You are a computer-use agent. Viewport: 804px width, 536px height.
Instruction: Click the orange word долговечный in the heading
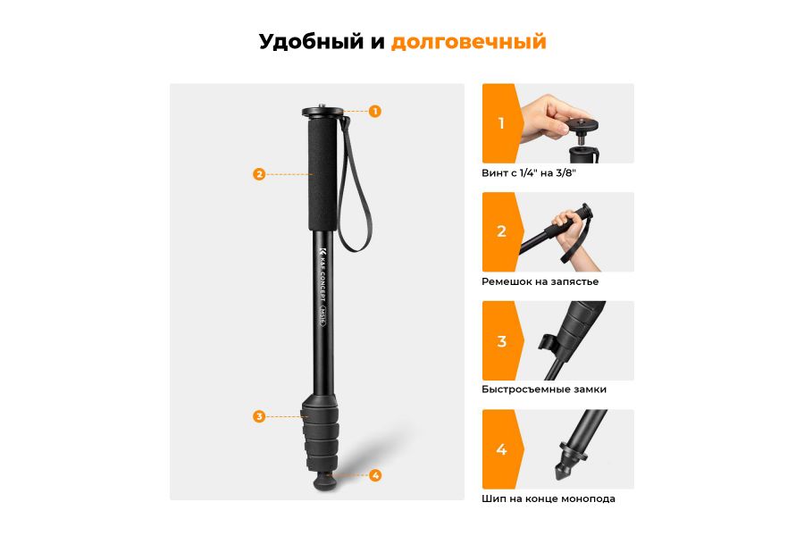pos(468,42)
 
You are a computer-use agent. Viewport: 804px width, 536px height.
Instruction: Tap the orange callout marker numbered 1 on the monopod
pos(375,112)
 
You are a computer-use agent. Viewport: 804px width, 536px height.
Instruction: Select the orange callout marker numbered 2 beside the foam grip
pos(259,174)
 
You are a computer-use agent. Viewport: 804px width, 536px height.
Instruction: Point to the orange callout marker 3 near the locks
pos(259,416)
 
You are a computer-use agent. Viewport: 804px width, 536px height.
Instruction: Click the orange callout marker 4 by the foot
pos(375,475)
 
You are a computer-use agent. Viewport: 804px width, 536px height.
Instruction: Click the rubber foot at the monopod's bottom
pos(323,483)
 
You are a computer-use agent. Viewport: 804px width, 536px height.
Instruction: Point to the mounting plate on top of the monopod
pos(322,113)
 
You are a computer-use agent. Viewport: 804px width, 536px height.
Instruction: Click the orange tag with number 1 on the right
pos(500,123)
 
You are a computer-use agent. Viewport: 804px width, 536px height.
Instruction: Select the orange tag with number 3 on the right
pos(500,341)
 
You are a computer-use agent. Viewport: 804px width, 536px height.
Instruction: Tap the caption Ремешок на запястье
pos(540,281)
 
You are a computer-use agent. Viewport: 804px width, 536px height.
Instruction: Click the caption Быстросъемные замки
pos(544,389)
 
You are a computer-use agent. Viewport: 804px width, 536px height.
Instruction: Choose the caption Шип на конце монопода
pos(549,498)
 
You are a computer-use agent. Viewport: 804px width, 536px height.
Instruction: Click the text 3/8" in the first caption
pos(564,172)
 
